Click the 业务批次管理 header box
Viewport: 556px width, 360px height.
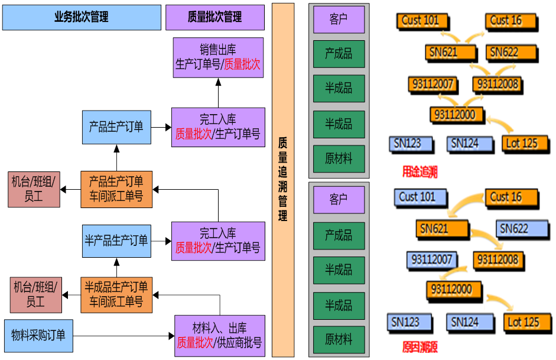click(x=82, y=17)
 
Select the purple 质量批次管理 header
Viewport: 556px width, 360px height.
click(x=214, y=17)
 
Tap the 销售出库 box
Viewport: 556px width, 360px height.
click(x=218, y=57)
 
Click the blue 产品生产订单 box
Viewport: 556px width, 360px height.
click(x=116, y=127)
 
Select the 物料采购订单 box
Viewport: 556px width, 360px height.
click(x=38, y=336)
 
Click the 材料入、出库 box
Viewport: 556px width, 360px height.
click(x=219, y=336)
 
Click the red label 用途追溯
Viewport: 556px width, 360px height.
click(x=420, y=172)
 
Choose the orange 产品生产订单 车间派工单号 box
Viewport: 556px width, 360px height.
click(x=116, y=189)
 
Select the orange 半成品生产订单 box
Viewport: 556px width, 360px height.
click(x=116, y=294)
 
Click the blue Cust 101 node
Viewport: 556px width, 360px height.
click(x=417, y=197)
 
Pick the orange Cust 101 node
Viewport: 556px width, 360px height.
click(x=420, y=21)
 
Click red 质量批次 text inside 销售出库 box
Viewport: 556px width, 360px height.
click(x=242, y=64)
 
